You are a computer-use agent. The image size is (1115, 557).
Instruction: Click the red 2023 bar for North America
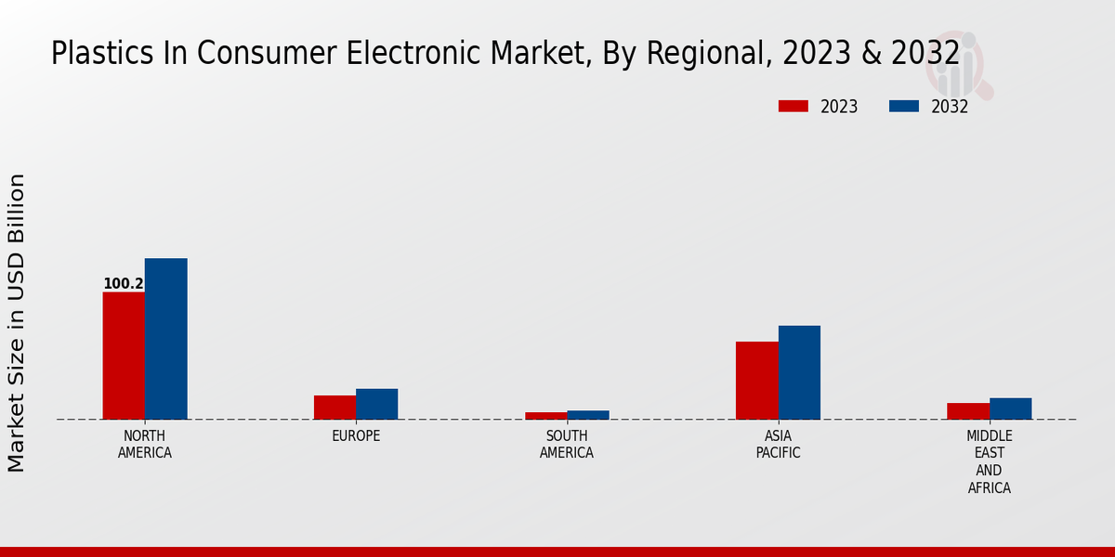pyautogui.click(x=124, y=356)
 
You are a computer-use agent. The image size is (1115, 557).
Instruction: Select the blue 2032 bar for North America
pyautogui.click(x=165, y=339)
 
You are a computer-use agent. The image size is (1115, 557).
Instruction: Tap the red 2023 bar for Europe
pyautogui.click(x=334, y=408)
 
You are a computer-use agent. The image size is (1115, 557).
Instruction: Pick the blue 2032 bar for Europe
pyautogui.click(x=376, y=404)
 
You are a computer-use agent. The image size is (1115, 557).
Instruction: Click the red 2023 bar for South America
pyautogui.click(x=545, y=416)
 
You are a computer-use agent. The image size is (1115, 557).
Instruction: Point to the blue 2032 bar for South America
pyautogui.click(x=588, y=415)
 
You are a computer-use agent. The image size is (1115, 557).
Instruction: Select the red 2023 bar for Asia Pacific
pyautogui.click(x=756, y=381)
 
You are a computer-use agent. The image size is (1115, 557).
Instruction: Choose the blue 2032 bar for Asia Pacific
pyautogui.click(x=799, y=372)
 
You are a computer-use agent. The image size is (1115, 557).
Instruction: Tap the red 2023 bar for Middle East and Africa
pyautogui.click(x=968, y=411)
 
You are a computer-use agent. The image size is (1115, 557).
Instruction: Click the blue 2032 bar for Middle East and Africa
pyautogui.click(x=1010, y=408)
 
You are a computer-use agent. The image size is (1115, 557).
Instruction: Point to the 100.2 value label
pyautogui.click(x=123, y=284)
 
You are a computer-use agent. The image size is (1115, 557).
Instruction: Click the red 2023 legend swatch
pyautogui.click(x=793, y=107)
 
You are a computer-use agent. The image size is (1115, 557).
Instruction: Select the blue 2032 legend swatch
pyautogui.click(x=903, y=107)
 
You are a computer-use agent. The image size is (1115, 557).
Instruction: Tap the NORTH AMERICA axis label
pyautogui.click(x=145, y=445)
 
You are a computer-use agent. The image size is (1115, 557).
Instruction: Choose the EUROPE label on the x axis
pyautogui.click(x=356, y=436)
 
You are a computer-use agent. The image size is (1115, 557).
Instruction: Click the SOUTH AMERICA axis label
pyautogui.click(x=567, y=445)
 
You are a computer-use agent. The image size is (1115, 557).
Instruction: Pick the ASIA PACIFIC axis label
pyautogui.click(x=778, y=445)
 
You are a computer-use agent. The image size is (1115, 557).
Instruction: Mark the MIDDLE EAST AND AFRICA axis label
pyautogui.click(x=989, y=461)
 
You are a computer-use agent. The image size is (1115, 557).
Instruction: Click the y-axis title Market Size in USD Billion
pyautogui.click(x=17, y=322)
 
